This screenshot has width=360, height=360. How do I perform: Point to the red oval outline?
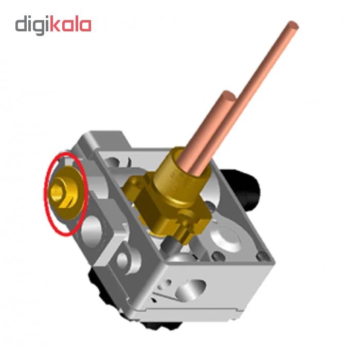[44, 193]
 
